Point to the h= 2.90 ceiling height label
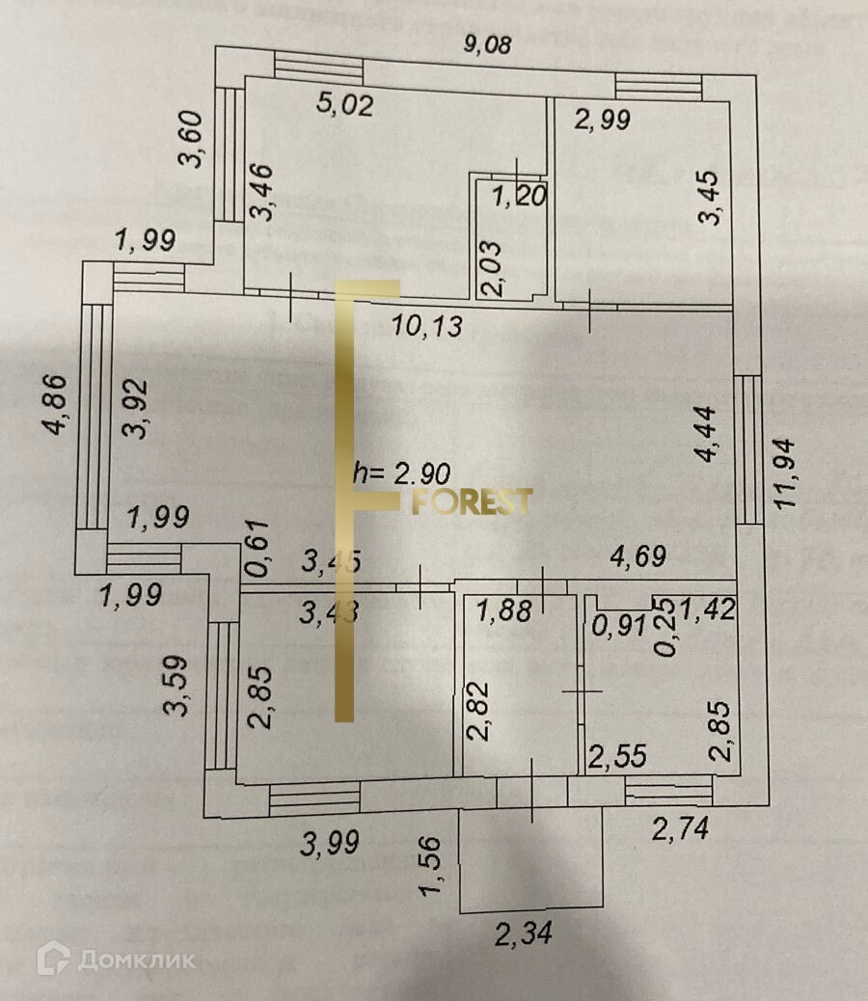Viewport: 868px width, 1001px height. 399,473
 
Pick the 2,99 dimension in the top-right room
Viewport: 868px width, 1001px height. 602,120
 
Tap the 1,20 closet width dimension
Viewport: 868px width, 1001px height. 520,198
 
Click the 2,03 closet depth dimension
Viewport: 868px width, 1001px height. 493,269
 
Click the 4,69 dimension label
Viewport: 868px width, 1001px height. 637,556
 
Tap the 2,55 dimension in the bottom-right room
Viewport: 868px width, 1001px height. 619,757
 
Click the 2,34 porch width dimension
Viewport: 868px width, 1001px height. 527,933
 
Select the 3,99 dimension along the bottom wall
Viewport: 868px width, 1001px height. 330,845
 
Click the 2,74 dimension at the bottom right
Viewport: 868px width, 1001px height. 680,827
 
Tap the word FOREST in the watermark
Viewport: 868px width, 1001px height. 473,501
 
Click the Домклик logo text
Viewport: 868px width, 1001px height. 135,960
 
